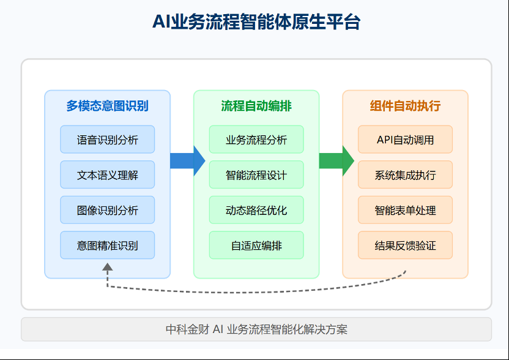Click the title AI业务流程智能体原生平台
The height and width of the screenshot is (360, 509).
click(x=256, y=22)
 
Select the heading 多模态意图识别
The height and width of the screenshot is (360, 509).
click(x=107, y=106)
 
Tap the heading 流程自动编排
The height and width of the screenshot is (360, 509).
click(x=256, y=106)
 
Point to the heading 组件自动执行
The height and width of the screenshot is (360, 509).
click(x=405, y=106)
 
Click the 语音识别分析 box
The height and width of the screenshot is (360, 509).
click(x=107, y=140)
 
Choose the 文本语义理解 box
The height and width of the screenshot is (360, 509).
click(x=107, y=175)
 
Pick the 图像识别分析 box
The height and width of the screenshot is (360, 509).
click(x=107, y=210)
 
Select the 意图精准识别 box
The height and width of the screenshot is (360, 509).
click(x=107, y=246)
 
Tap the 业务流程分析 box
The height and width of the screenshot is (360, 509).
click(x=256, y=140)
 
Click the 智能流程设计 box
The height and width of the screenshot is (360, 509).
click(x=256, y=175)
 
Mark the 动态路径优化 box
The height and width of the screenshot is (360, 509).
click(x=256, y=210)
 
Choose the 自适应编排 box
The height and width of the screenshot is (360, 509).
click(x=256, y=246)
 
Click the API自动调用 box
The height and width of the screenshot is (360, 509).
click(x=405, y=140)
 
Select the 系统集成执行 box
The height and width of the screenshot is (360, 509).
click(x=405, y=175)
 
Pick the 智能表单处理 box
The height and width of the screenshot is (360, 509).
click(x=405, y=210)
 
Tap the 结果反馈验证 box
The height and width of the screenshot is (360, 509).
click(x=405, y=246)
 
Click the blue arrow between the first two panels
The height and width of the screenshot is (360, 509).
click(x=187, y=161)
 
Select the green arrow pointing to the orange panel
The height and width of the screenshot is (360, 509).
click(x=336, y=161)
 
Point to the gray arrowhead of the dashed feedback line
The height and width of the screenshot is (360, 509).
click(x=108, y=267)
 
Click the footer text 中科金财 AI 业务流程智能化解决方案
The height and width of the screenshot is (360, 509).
click(x=256, y=329)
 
